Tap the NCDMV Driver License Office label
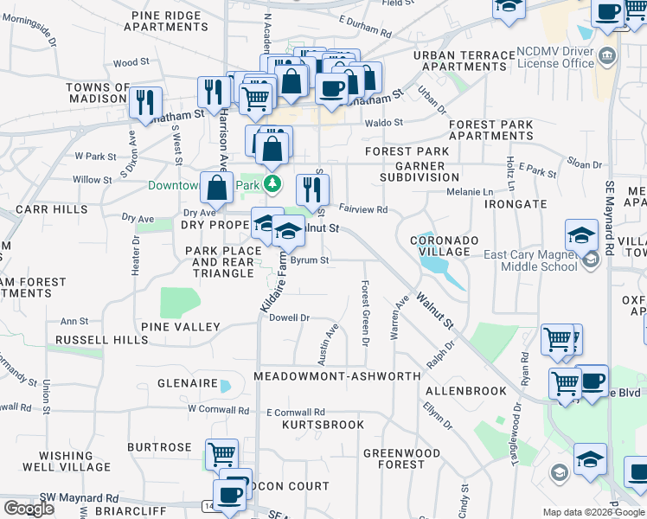tap(567, 57)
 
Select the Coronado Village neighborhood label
tap(439, 246)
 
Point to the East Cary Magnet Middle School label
tap(530, 260)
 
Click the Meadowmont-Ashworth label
tap(337, 376)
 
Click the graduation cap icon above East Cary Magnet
tap(581, 234)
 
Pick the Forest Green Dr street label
tap(366, 315)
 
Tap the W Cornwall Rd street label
tap(219, 408)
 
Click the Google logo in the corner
tap(29, 509)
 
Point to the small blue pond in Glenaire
tap(226, 386)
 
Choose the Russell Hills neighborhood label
tap(101, 340)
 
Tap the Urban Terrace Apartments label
tap(464, 61)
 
